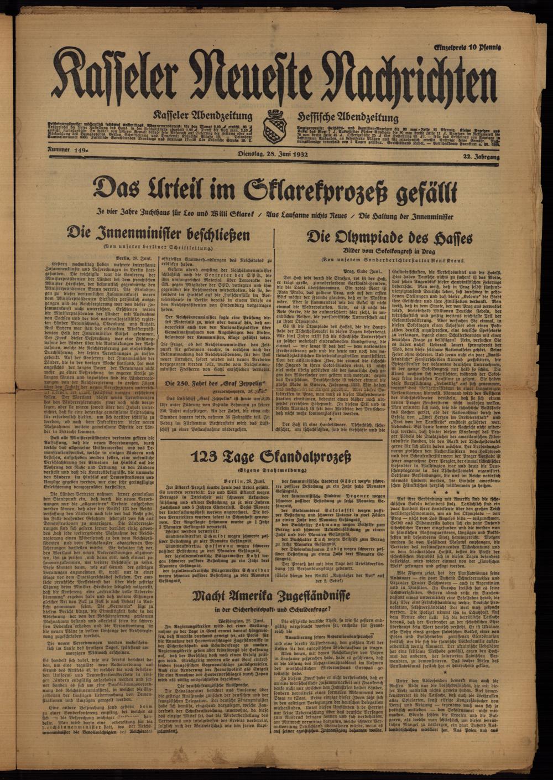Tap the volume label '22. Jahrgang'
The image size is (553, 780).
[x=476, y=158]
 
